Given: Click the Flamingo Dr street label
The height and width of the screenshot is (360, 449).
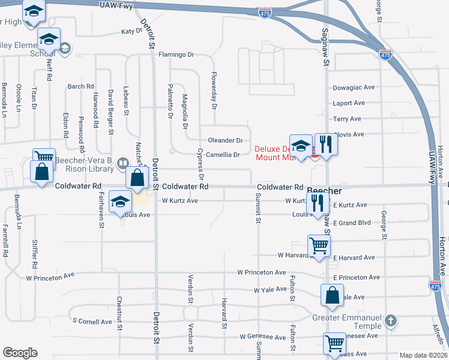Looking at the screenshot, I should (x=176, y=55).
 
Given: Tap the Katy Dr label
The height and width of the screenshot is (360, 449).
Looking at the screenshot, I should (x=131, y=31).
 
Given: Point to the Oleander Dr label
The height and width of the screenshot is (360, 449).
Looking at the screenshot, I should (x=225, y=140).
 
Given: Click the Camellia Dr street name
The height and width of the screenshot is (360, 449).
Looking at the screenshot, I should (x=223, y=155).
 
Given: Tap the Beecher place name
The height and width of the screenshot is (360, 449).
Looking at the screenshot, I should (x=324, y=191).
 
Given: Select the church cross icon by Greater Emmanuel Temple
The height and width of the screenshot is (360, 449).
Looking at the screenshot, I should (x=391, y=320).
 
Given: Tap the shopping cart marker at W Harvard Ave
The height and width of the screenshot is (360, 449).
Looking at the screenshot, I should (x=319, y=245).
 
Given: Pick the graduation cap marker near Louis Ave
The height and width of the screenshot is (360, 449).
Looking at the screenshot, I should (x=120, y=202).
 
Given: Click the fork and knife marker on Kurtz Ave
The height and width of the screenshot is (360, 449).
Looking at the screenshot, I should (x=316, y=203).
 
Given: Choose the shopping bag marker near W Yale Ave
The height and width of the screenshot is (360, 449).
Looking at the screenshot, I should (x=332, y=295).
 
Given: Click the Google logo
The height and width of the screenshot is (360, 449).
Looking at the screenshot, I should (x=20, y=353).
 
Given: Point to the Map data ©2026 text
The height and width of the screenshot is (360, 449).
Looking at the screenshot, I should (x=423, y=355).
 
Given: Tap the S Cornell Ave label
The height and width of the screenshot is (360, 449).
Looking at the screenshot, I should (x=92, y=322).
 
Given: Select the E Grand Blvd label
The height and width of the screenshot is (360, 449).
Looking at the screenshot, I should (x=353, y=223).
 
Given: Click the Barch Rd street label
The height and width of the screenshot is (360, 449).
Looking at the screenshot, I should (x=81, y=86).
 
